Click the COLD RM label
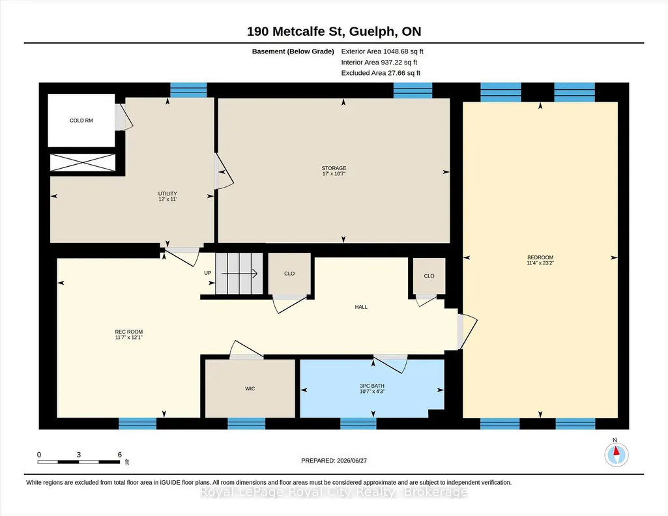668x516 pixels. (x=81, y=121)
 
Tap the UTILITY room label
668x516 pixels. (x=167, y=193)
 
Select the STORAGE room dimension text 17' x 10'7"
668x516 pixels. (x=334, y=174)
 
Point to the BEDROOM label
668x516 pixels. (x=540, y=257)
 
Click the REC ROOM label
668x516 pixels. (x=128, y=332)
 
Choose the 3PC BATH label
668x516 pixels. (x=372, y=386)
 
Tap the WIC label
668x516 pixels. (x=250, y=389)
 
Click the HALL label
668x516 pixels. (x=361, y=307)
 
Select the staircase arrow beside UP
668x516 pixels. (x=239, y=274)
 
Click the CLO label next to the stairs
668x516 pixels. (x=289, y=274)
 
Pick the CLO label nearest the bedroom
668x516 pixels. (x=429, y=276)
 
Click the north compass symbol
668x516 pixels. (x=616, y=454)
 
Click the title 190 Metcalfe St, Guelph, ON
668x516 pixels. (x=334, y=31)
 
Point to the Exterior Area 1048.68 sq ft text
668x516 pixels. (x=382, y=51)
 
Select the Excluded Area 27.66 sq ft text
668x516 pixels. (x=381, y=73)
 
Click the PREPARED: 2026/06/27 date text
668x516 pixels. (x=334, y=461)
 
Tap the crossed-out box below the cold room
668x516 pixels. (x=83, y=163)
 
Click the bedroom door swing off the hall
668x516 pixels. (x=467, y=332)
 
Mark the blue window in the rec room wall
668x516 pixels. (x=137, y=423)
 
